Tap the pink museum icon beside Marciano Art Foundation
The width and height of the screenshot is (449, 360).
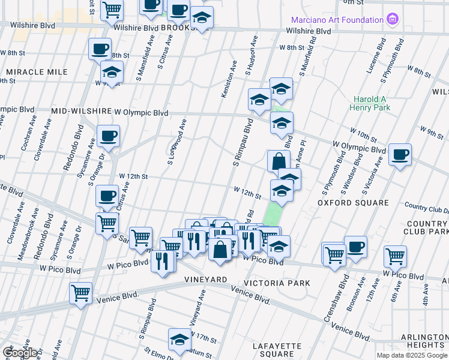(393, 20)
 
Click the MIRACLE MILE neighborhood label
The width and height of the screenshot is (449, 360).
(37, 72)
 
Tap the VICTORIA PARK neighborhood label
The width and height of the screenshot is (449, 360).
(277, 283)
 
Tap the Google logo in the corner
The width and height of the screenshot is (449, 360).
(20, 353)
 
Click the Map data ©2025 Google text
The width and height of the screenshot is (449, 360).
(412, 355)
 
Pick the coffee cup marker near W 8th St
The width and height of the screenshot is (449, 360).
(100, 49)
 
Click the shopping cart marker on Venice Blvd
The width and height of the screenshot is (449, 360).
(80, 293)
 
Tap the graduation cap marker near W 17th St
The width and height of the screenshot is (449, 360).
(179, 340)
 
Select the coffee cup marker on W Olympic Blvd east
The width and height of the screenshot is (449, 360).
(400, 155)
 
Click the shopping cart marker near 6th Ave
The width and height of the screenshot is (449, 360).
(395, 257)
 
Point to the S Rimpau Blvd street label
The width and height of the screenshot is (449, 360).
(242, 143)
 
